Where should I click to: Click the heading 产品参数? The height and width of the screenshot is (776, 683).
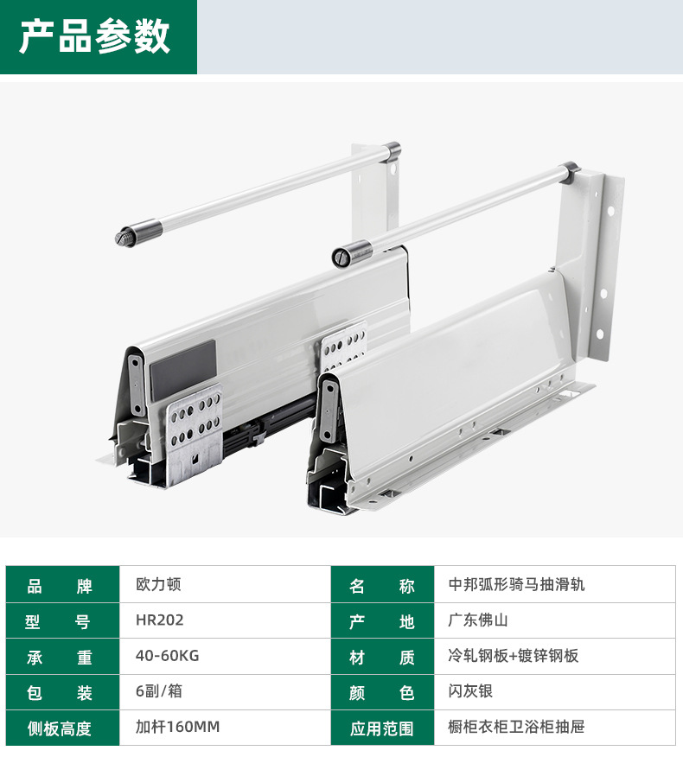click(95, 37)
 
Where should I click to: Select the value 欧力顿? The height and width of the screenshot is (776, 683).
click(158, 584)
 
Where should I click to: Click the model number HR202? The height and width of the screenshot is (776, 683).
click(159, 620)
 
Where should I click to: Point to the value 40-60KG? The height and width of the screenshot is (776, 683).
click(167, 656)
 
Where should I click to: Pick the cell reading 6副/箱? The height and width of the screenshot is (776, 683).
click(158, 691)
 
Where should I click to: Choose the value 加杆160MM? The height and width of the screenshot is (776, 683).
click(177, 727)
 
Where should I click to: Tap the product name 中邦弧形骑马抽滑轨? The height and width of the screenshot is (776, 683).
click(517, 584)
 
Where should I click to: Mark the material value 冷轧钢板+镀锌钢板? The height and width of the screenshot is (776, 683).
click(514, 656)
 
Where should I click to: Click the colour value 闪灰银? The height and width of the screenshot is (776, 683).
click(470, 691)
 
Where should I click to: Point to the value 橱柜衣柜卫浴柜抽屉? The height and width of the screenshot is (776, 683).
click(517, 727)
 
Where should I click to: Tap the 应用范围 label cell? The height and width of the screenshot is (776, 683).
click(382, 728)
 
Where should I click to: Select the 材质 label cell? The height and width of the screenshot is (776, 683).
click(382, 657)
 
